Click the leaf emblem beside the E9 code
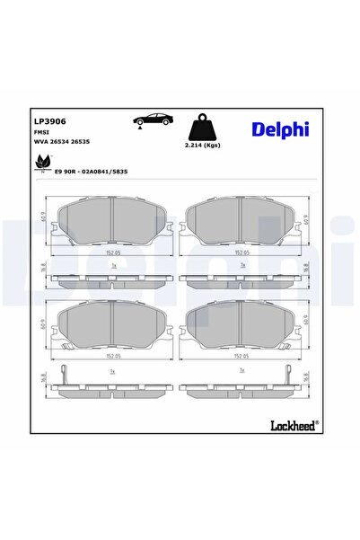point(42,162)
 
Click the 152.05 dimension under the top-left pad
point(111,252)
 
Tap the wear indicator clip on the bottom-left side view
point(63,376)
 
